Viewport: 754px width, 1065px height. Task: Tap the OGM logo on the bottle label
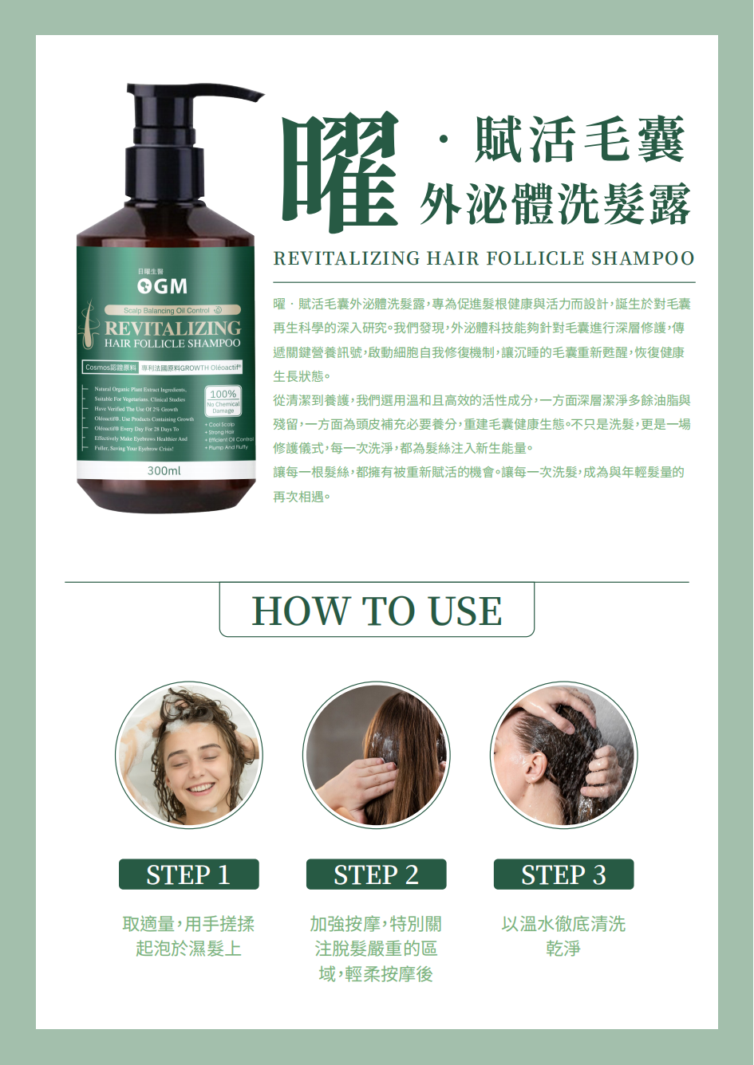click(163, 286)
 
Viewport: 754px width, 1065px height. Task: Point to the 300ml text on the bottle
click(164, 471)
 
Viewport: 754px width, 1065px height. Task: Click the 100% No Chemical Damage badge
click(223, 401)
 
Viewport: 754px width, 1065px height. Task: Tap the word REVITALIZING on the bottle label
click(172, 328)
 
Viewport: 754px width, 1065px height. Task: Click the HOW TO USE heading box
click(377, 611)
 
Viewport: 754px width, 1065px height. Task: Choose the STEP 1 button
click(188, 874)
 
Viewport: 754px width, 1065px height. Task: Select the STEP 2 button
click(376, 874)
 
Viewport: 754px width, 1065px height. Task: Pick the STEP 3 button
click(563, 874)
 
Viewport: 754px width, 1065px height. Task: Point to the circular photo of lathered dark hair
click(563, 755)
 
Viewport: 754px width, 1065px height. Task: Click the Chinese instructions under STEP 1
click(188, 936)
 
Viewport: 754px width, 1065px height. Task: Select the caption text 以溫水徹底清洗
click(563, 924)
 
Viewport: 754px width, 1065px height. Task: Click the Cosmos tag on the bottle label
click(111, 367)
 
